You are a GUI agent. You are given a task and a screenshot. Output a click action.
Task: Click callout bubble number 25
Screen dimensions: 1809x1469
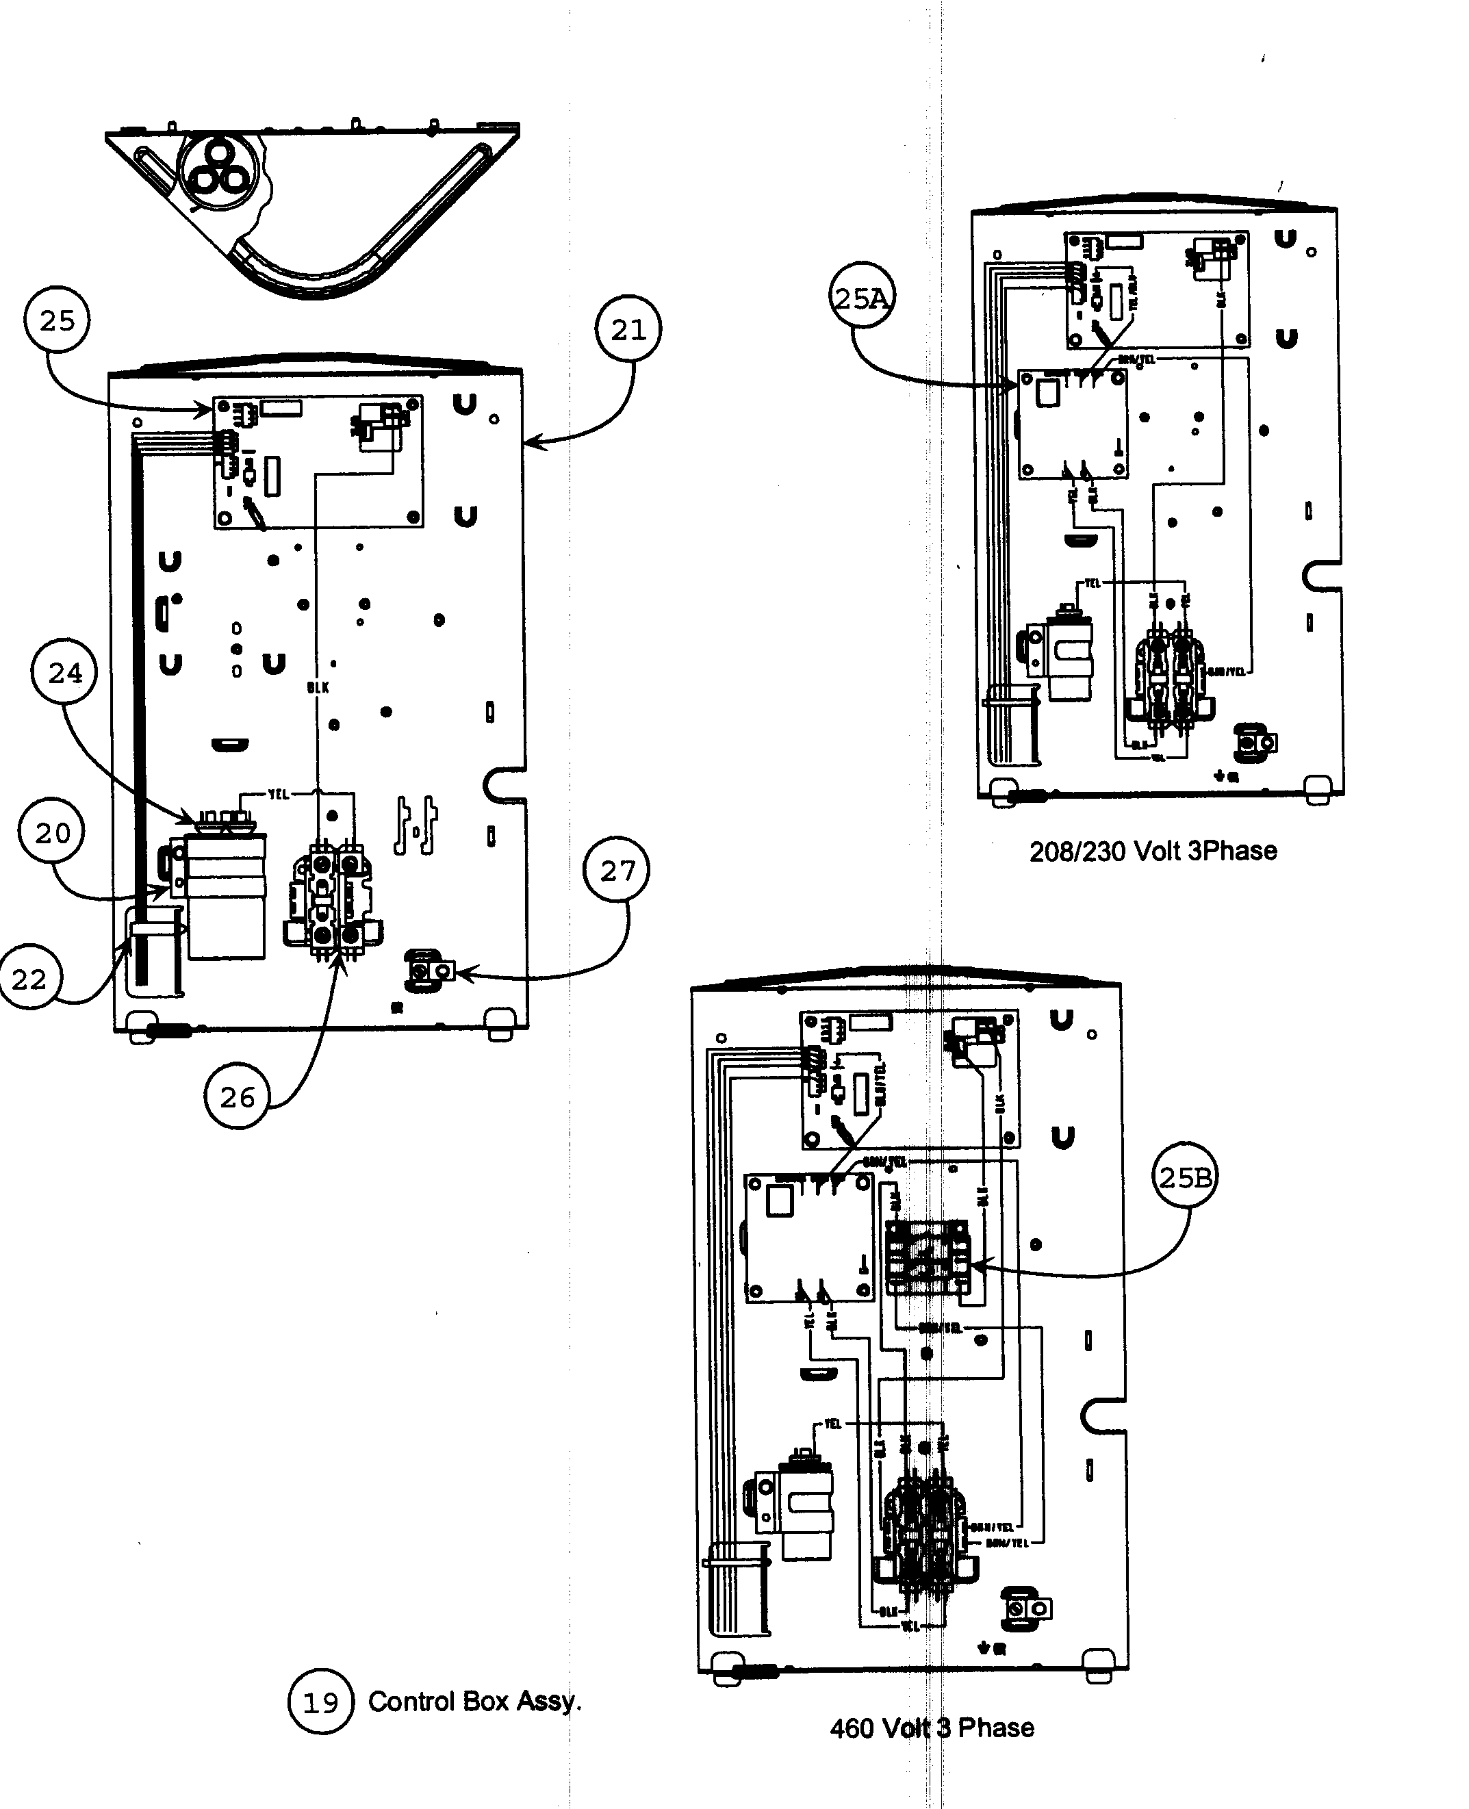(57, 321)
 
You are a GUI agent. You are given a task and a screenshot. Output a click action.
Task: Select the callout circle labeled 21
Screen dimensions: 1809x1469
(628, 329)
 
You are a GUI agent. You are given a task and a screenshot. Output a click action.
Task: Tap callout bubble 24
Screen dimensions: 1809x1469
(64, 673)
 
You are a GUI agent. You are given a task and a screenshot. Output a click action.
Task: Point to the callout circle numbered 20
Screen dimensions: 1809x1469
(51, 832)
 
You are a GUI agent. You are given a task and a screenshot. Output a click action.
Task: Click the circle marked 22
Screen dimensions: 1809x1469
(28, 979)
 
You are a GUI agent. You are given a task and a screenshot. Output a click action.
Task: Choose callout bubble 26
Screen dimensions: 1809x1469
(237, 1097)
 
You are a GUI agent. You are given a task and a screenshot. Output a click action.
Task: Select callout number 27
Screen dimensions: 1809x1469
(617, 870)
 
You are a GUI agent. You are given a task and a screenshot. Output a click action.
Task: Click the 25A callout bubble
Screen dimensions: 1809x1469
(861, 298)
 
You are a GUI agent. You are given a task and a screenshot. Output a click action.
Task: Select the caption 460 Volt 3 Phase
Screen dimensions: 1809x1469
(932, 1728)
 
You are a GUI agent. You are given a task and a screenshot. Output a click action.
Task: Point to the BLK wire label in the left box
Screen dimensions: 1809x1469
(318, 688)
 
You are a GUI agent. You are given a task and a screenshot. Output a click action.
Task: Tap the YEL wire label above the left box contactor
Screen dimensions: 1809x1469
(279, 794)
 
